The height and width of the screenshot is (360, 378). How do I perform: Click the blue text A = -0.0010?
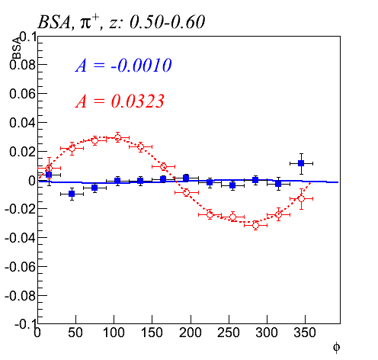pos(123,66)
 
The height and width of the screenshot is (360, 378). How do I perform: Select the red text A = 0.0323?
pos(120,101)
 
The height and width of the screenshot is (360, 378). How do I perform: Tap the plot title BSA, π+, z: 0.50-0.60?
pos(121,21)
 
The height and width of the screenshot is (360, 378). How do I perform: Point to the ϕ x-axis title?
pos(336,347)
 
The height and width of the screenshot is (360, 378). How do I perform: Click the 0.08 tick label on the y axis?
pos(22,65)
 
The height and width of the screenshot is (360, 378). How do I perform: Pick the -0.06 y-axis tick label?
pos(20,267)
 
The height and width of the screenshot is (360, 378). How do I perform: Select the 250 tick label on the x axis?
pos(229,333)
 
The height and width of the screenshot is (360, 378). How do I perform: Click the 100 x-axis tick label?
pos(114,333)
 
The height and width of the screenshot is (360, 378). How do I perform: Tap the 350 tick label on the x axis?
pos(305,333)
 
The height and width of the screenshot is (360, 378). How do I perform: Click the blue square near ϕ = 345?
pos(301,163)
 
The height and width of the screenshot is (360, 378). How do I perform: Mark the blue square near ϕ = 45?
pos(72,194)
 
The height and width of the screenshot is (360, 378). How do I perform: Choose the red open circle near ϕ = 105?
pos(117,138)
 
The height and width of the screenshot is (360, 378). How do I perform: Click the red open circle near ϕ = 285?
pos(255,225)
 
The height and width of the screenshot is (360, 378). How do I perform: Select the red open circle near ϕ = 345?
pos(301,198)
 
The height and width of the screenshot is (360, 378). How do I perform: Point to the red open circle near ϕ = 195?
pos(186,192)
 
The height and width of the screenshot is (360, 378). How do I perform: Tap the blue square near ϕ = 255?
pos(232,185)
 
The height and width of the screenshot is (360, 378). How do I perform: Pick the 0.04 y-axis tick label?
pos(22,123)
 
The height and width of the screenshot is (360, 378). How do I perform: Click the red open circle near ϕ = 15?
pos(49,168)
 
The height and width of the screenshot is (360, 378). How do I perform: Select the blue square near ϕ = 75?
pos(94,188)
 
